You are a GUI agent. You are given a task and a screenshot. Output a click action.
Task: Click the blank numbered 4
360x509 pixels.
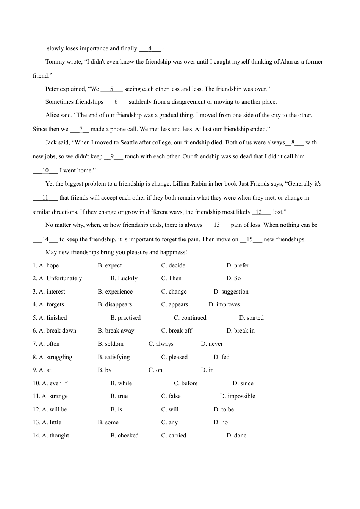(x=150, y=48)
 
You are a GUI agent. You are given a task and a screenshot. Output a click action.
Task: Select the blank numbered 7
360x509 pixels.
(x=80, y=129)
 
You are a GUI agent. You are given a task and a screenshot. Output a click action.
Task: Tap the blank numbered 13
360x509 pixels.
(x=217, y=225)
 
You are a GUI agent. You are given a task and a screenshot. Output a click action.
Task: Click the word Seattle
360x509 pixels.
(x=131, y=142)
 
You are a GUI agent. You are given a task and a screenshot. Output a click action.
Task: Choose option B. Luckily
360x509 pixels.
(x=124, y=278)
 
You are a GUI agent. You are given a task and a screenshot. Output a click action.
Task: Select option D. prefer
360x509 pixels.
(x=238, y=265)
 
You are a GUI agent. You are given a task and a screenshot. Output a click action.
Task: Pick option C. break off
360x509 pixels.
(x=176, y=331)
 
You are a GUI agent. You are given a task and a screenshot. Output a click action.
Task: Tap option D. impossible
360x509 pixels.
(x=238, y=396)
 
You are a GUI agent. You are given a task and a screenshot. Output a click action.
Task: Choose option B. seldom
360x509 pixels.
(x=111, y=344)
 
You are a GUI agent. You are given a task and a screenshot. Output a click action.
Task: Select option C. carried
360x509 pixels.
(x=174, y=436)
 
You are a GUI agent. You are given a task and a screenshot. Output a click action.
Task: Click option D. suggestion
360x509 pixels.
(x=231, y=292)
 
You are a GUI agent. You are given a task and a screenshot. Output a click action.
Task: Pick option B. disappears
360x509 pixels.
(x=115, y=304)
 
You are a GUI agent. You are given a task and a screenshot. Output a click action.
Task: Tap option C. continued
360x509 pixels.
(x=190, y=318)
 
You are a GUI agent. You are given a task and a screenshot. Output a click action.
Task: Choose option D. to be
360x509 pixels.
(x=224, y=409)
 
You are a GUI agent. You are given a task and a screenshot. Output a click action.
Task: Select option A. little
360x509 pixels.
(x=52, y=422)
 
